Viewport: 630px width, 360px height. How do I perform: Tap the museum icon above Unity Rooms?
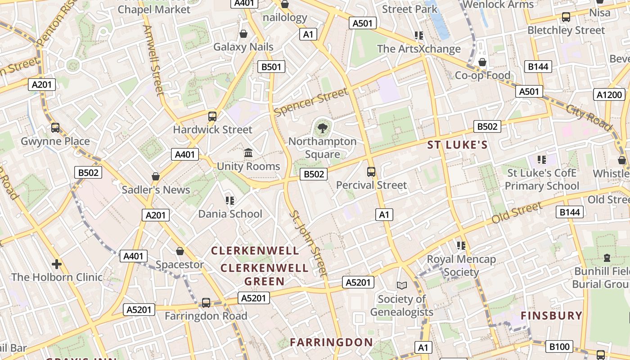pos(248,153)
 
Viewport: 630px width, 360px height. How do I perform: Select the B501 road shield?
pos(271,67)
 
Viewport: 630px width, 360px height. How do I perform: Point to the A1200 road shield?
pos(610,94)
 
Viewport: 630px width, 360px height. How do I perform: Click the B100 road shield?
pos(559,346)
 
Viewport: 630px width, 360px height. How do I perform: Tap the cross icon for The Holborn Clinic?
pos(57,264)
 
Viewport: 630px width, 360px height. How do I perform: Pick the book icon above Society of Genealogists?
pos(401,285)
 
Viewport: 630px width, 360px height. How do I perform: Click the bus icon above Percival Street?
pos(371,171)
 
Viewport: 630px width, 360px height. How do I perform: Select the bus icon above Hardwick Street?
pos(212,117)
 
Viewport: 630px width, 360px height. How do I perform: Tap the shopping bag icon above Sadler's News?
pos(156,176)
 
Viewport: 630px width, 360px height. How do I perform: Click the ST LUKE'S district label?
pos(457,145)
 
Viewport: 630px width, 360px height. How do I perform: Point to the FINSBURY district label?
pos(551,316)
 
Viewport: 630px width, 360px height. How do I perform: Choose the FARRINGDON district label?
pos(331,342)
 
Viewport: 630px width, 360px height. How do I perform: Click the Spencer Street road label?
pos(311,101)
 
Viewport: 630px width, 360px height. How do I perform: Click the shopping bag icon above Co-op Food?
pos(482,62)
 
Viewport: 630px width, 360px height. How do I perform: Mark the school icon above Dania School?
pos(230,200)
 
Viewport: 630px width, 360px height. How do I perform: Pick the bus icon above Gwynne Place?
pos(55,128)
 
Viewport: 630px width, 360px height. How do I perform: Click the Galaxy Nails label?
pos(243,47)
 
